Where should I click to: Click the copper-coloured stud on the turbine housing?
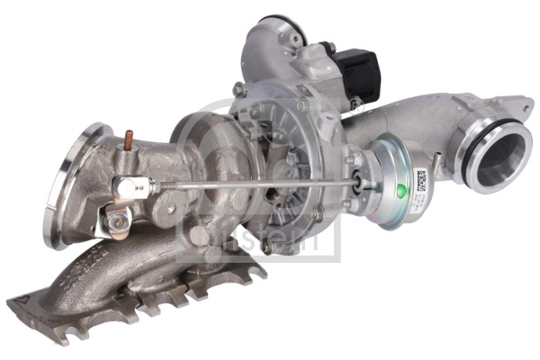coord(129,140)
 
